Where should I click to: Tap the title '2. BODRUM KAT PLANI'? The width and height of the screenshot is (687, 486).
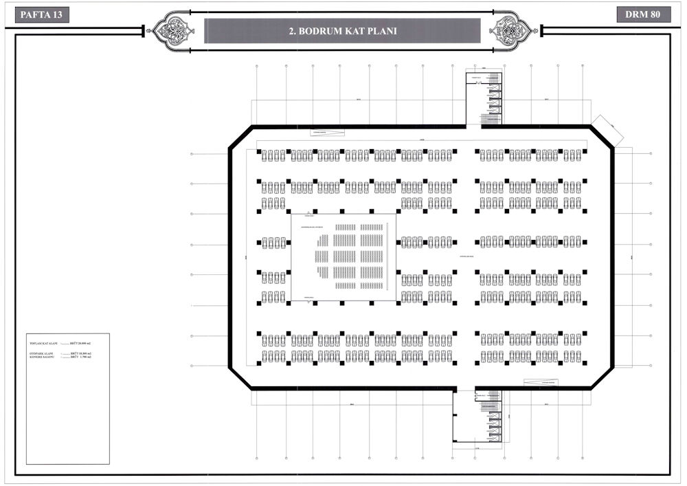point(342,31)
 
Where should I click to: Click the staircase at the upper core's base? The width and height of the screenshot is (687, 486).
point(490,120)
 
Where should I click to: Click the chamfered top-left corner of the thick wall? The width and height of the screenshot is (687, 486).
point(240,137)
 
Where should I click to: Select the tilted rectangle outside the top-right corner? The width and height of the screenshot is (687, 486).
point(607,130)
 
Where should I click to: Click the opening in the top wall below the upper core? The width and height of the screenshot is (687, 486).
point(473,126)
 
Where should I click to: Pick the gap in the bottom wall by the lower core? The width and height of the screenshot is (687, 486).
point(464,388)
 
